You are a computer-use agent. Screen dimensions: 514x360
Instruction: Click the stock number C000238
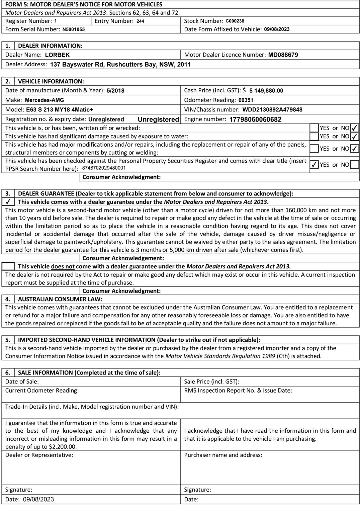point(235,21)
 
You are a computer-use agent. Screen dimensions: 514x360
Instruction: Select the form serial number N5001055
point(73,29)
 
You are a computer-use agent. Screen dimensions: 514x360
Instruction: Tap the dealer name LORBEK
point(57,55)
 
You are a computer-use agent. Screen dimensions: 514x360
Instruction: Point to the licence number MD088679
point(283,55)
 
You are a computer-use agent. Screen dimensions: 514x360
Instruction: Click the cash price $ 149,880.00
point(266,91)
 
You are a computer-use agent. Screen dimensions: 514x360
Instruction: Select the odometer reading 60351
point(246,100)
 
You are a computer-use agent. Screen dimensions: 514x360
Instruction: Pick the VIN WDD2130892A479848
point(272,110)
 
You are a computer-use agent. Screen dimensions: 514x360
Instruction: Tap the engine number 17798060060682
point(255,119)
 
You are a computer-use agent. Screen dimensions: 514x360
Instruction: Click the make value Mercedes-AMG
point(44,100)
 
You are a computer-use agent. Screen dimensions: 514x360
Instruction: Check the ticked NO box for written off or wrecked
point(354,128)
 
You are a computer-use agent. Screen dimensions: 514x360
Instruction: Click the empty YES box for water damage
point(314,137)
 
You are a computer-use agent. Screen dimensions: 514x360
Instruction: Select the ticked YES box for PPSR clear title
point(314,165)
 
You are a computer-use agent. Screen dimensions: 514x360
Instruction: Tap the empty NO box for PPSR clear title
point(354,165)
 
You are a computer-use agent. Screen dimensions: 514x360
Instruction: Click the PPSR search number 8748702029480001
point(104,168)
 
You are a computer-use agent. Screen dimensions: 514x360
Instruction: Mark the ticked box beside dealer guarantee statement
point(8,202)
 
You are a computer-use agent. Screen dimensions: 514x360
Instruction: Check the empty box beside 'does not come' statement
point(8,266)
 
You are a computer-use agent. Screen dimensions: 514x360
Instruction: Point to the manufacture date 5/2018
point(115,91)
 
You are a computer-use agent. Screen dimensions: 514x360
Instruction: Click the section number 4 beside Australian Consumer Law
point(8,299)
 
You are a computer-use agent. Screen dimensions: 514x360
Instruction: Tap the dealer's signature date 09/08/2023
point(38,499)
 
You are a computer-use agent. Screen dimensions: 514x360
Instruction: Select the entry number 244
point(140,21)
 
